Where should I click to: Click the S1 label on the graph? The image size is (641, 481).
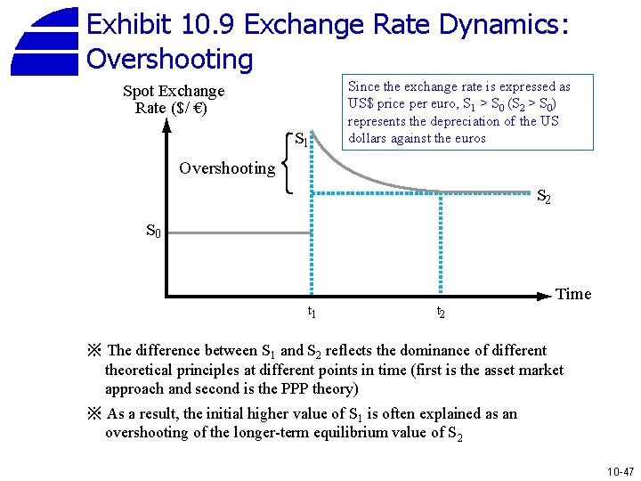[x=302, y=141]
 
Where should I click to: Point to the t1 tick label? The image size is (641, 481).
[x=312, y=312]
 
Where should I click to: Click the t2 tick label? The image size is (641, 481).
[x=440, y=313]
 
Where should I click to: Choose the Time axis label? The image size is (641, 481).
[x=573, y=294]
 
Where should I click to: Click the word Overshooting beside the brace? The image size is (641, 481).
[x=227, y=168]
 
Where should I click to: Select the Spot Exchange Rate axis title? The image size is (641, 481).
[x=173, y=99]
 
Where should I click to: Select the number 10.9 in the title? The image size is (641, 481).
[x=206, y=24]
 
